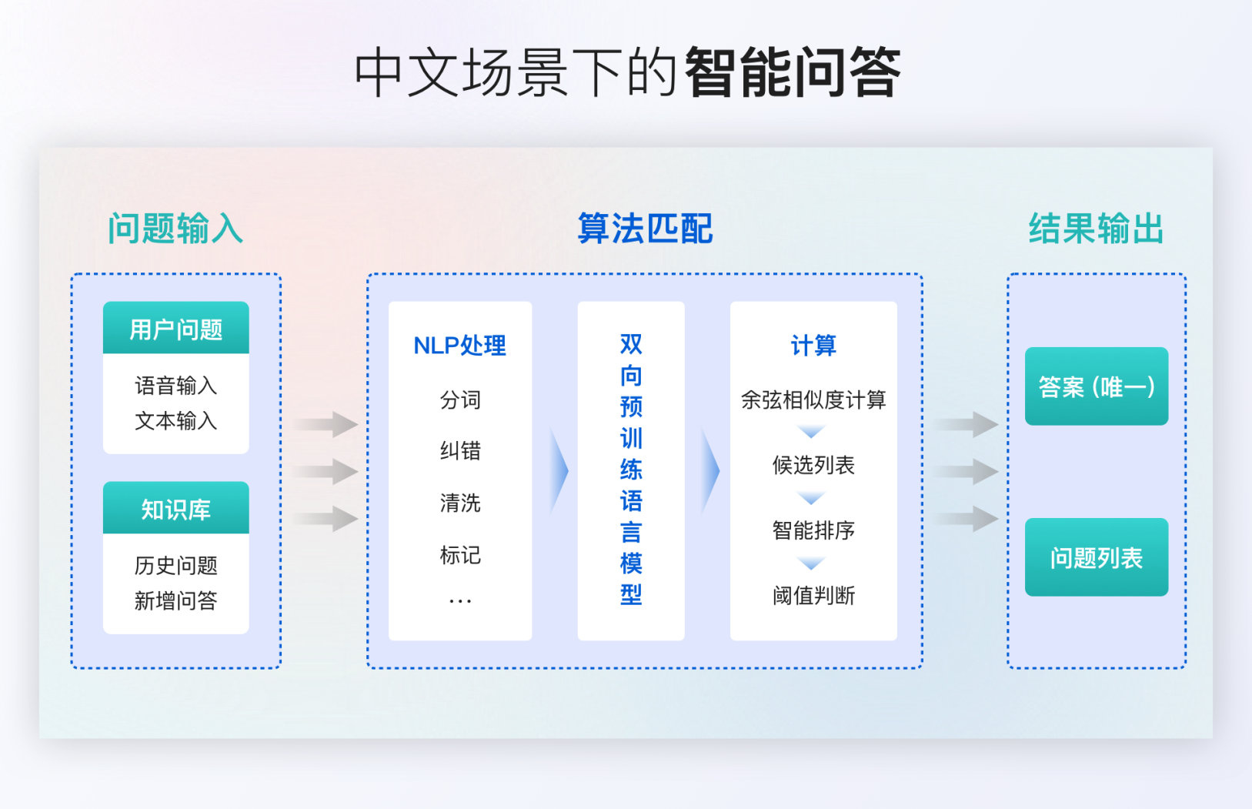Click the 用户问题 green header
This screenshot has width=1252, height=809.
click(176, 328)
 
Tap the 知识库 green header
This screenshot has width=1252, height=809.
click(176, 508)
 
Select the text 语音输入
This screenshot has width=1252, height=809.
click(176, 386)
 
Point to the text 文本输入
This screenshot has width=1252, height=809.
click(176, 421)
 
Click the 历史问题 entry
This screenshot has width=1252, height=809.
click(176, 566)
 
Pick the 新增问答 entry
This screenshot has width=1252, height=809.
click(176, 601)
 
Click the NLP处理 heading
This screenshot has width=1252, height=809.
click(459, 346)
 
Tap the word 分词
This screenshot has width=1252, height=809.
click(460, 400)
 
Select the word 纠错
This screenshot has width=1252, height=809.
click(460, 450)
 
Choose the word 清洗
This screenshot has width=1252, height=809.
click(460, 503)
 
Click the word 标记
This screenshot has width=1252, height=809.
click(460, 555)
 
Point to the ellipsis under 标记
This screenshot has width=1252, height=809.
click(460, 602)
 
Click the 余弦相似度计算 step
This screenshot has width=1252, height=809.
click(813, 400)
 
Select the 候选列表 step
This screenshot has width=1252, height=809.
click(813, 465)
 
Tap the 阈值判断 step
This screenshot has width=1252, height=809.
click(813, 596)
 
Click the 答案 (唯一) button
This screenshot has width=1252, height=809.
click(1097, 386)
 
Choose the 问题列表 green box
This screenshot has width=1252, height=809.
click(1097, 557)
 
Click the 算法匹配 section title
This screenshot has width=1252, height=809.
click(645, 229)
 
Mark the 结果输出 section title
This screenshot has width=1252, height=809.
click(1096, 229)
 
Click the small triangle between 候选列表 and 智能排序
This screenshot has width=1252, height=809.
click(811, 497)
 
